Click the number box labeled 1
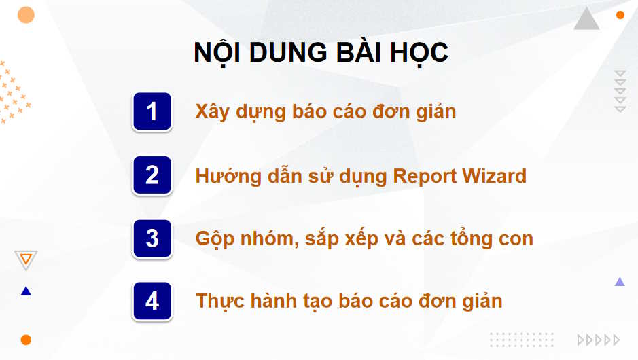coord(152,111)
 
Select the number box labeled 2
coord(152,175)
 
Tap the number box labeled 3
coord(152,238)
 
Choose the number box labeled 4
coord(152,300)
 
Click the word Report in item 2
coord(425,176)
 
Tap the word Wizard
coord(495,176)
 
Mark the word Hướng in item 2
coord(224,176)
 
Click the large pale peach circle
coord(26,15)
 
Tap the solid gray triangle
coord(586,20)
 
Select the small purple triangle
coord(620,282)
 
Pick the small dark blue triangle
coord(26,291)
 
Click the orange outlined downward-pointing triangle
coord(26,259)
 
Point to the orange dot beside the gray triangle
coord(620,15)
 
